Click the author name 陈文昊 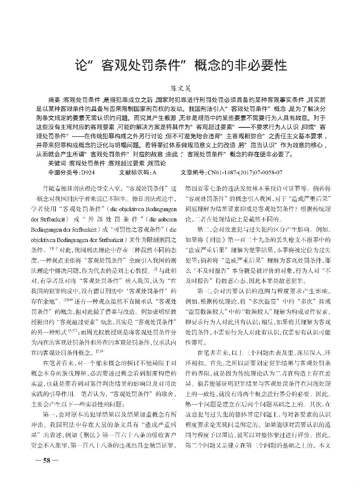click(x=180, y=88)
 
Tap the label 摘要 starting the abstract click(x=54, y=100)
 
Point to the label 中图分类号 click(x=63, y=171)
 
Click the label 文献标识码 click(x=134, y=171)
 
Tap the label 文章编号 click(x=193, y=171)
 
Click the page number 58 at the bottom click(x=46, y=460)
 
